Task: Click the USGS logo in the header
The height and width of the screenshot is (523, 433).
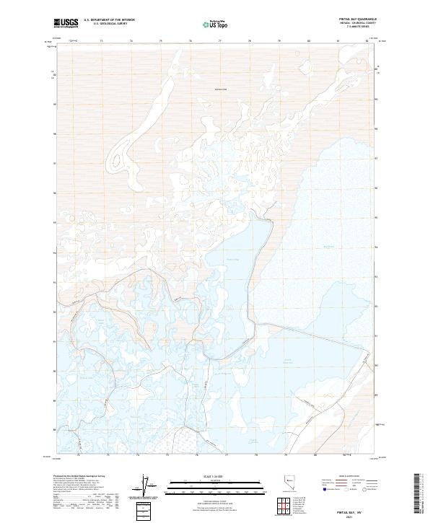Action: [66, 22]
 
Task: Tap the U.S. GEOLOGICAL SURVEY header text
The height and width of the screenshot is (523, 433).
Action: [108, 24]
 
